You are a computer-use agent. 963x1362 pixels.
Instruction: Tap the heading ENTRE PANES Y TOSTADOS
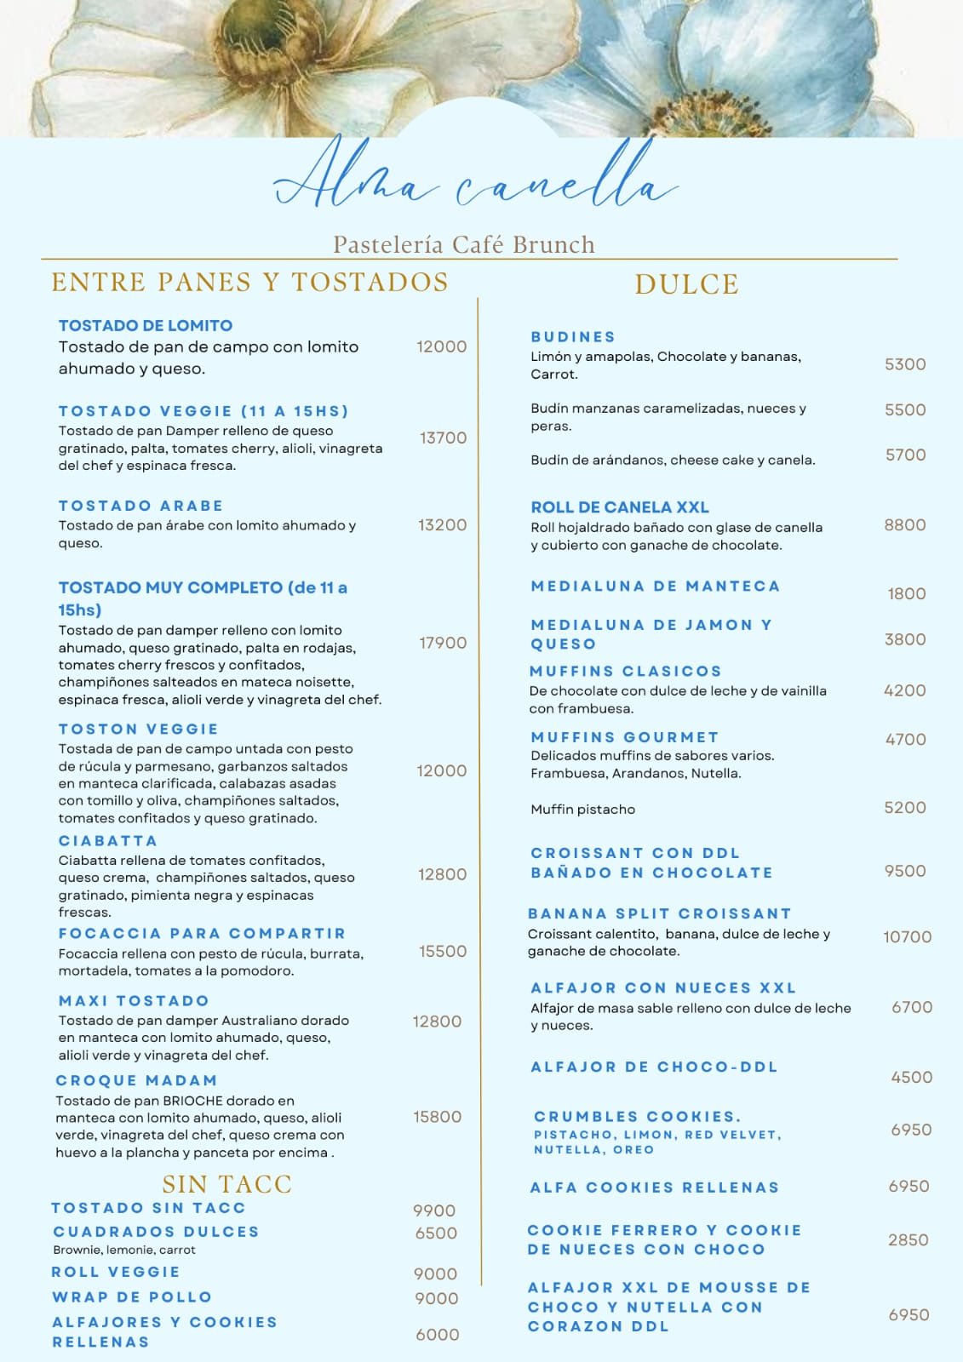(x=249, y=282)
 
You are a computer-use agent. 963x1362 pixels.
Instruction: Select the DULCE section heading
(x=686, y=284)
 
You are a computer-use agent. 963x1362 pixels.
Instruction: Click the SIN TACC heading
(x=226, y=1184)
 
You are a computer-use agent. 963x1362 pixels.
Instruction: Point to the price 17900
(x=443, y=643)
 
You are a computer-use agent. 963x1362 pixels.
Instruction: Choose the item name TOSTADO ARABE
(x=140, y=506)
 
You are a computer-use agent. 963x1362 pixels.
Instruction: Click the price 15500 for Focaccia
(x=443, y=951)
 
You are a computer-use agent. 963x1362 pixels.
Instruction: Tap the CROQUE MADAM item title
(x=136, y=1080)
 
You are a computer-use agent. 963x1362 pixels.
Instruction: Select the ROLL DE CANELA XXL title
(x=620, y=507)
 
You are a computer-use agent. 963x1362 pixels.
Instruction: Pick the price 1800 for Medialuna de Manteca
(x=906, y=594)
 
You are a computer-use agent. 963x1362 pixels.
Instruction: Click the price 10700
(x=907, y=936)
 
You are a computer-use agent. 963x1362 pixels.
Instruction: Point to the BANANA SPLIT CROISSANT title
(x=660, y=913)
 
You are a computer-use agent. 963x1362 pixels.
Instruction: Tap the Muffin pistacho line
(x=582, y=810)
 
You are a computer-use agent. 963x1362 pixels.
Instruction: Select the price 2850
(x=908, y=1239)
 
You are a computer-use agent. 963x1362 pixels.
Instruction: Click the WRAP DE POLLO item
(x=132, y=1297)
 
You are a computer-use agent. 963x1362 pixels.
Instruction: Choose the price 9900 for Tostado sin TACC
(x=434, y=1210)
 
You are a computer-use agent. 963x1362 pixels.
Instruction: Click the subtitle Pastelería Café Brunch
(x=464, y=245)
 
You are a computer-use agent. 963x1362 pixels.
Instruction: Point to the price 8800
(x=905, y=524)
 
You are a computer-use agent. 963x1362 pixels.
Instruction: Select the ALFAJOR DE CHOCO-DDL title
(x=654, y=1067)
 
